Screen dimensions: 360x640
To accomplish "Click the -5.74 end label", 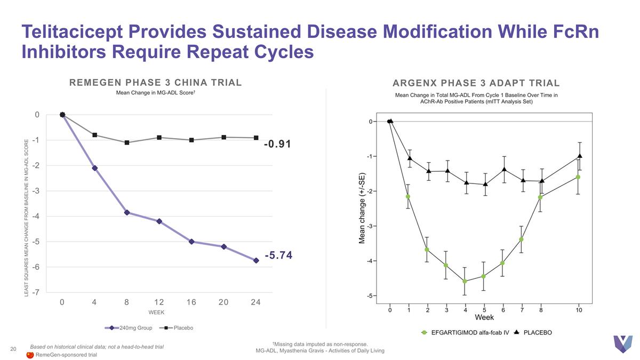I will click(278, 255).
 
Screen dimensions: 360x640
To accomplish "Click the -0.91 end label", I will click(277, 144).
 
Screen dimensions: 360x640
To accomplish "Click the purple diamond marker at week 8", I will click(127, 212).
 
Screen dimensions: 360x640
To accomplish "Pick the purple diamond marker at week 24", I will click(256, 260).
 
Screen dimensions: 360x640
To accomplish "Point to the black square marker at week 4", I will click(94, 135).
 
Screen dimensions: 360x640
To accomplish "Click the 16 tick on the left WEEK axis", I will click(191, 302).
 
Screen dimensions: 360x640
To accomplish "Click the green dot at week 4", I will click(465, 281).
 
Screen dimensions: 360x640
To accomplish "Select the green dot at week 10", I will click(578, 177).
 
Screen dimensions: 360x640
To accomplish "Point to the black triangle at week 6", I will click(503, 169).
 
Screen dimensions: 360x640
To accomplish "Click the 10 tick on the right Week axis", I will click(579, 310).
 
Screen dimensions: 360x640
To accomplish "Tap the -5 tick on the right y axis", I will click(370, 295).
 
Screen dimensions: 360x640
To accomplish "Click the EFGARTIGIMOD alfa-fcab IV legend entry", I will click(469, 332).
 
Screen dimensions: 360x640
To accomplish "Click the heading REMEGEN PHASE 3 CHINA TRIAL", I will click(156, 82).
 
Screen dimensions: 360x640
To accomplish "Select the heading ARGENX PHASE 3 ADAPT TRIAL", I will click(476, 83).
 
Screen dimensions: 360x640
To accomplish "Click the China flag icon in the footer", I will click(30, 355).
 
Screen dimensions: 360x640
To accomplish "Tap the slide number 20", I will click(13, 349).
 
